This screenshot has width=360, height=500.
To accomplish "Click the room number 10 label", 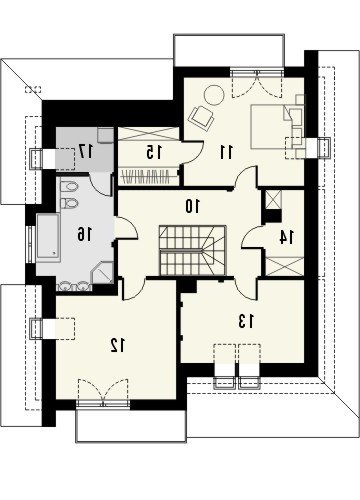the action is (x=193, y=206).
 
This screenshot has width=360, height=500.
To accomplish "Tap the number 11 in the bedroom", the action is (x=226, y=152).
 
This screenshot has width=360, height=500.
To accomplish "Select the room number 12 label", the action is (x=118, y=345).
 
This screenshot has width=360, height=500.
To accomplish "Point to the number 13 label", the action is (x=246, y=321).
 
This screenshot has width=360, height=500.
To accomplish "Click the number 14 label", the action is (x=286, y=237).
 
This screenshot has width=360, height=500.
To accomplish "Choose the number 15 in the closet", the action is (x=154, y=152).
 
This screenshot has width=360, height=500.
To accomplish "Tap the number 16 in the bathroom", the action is (x=84, y=234).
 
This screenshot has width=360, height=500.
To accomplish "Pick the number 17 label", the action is (x=86, y=152).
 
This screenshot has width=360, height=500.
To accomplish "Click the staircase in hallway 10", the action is (x=193, y=250).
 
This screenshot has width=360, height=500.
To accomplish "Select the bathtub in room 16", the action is (x=48, y=237).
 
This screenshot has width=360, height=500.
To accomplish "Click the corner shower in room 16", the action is (x=103, y=273).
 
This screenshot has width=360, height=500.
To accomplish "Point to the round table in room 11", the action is (x=214, y=95).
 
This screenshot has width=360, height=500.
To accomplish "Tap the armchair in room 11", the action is (x=201, y=117).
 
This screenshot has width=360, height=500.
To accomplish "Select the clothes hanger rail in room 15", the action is (x=147, y=177).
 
